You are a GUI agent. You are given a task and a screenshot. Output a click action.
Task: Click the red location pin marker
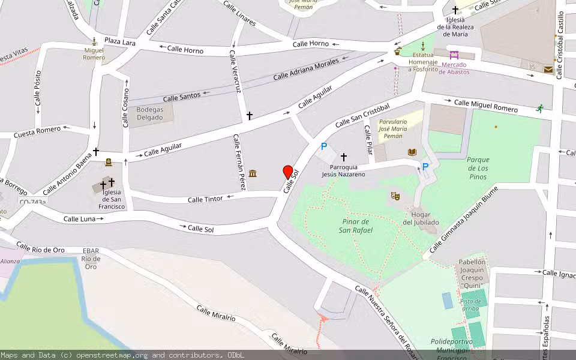coord(288,172)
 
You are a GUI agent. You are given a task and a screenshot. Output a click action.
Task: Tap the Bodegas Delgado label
coord(150,113)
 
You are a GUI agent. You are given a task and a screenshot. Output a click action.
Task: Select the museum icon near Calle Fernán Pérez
coord(253,174)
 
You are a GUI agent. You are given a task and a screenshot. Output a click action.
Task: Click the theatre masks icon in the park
coord(395,196)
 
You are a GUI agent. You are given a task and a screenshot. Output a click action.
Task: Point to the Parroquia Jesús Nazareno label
coord(343,170)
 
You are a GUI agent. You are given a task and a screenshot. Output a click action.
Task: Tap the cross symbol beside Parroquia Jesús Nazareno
coord(344,157)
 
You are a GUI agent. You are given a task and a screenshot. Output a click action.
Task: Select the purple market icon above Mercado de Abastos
coord(454,55)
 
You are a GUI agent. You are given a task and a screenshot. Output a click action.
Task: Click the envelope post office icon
coord(548,70)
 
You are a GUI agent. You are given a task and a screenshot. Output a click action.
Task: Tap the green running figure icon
coord(540,108)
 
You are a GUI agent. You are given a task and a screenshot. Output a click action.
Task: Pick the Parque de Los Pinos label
coord(478,168)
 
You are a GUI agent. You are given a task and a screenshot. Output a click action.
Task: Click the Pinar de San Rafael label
coord(356,226)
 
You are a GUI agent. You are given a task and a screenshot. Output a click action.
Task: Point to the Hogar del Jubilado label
coord(421,218)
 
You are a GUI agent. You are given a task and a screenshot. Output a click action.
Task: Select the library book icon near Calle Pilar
coord(412,152)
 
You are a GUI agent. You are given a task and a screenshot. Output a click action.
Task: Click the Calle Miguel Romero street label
coord(485,106)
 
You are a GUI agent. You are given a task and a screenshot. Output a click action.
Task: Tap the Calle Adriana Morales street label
coord(306,69)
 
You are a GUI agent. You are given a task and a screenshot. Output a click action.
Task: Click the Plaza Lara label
coord(119,41)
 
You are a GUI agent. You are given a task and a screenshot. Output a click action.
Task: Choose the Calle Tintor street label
coord(205,199)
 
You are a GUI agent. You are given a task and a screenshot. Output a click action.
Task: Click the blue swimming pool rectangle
coord(448,301)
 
